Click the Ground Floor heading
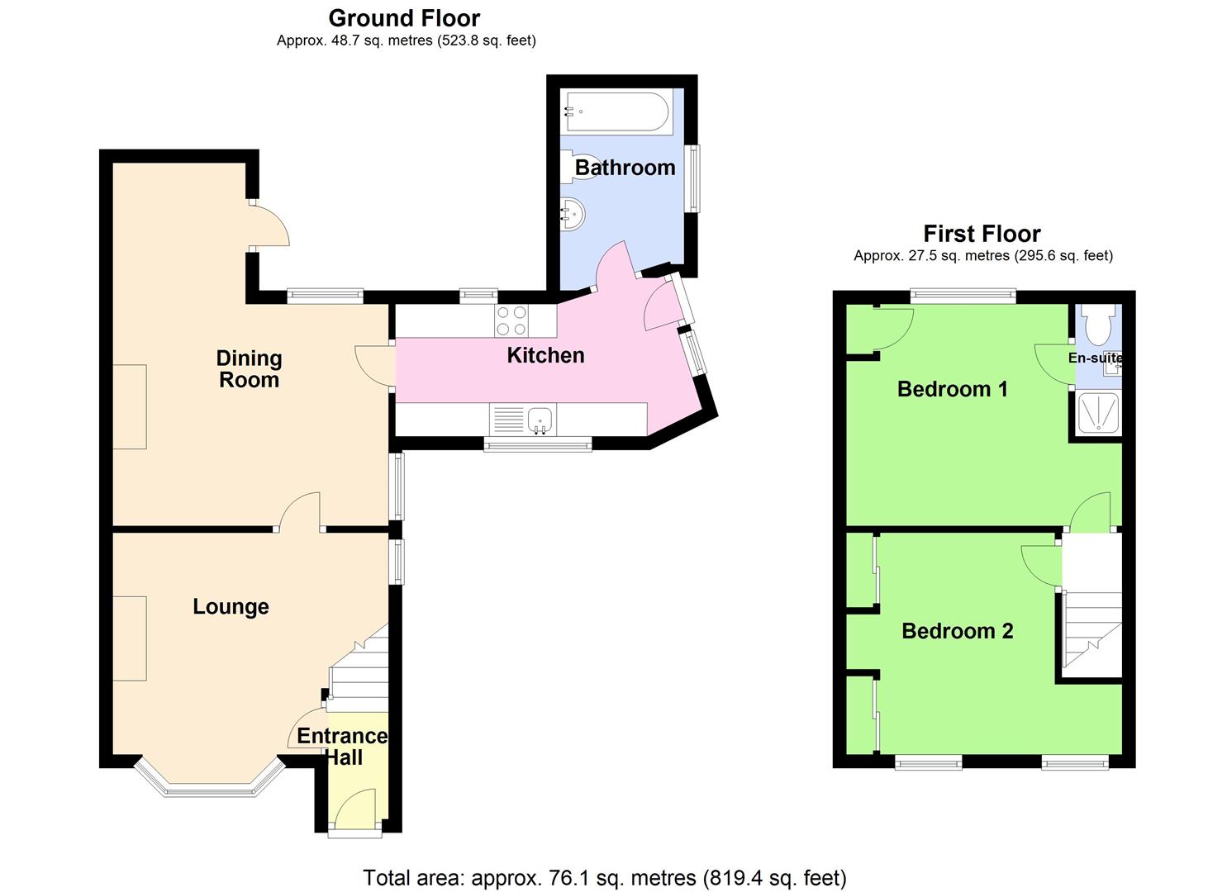pos(404,19)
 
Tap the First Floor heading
pos(982,234)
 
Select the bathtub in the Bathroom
pos(617,111)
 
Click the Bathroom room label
pos(625,168)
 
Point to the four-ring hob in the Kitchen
pos(511,320)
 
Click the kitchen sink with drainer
pos(522,420)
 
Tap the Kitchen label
pos(545,355)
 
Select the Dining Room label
pos(250,368)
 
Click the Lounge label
pos(231,606)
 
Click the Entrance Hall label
pos(343,747)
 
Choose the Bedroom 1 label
pos(953,389)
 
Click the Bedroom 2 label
pos(958,631)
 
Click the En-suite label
pos(1095,358)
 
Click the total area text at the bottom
pos(605,878)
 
